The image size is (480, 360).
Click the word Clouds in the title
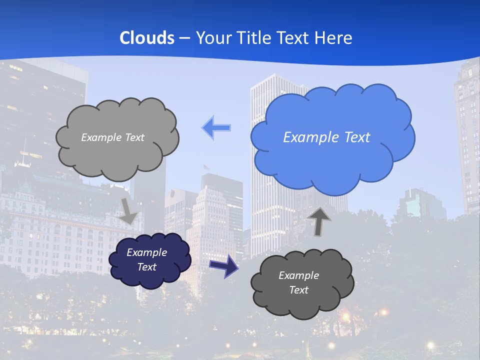point(147,38)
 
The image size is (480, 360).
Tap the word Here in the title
point(335,38)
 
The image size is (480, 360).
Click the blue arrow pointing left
point(216,128)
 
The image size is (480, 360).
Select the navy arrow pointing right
point(224,265)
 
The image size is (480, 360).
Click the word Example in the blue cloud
point(311,137)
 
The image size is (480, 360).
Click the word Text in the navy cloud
point(147,267)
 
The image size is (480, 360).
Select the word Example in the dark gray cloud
point(298,275)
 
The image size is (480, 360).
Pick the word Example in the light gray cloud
point(101,137)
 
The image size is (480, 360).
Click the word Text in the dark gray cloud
point(298,290)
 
